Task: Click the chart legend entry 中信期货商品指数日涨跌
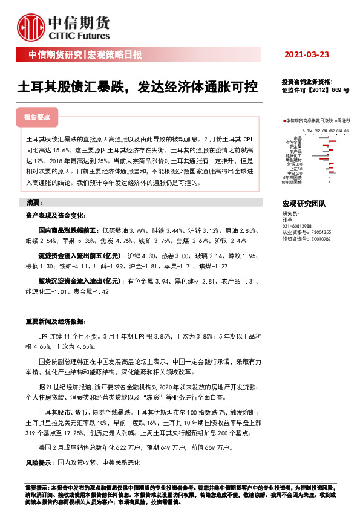pos(309,121)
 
